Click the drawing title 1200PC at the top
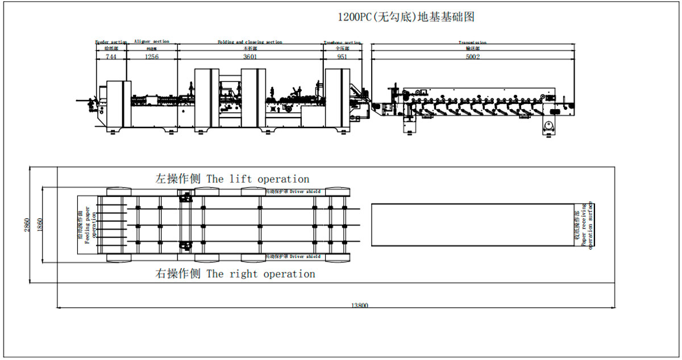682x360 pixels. click(x=406, y=17)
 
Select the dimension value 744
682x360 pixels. click(x=111, y=57)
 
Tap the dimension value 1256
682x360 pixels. click(x=151, y=57)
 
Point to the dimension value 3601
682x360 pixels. click(x=250, y=57)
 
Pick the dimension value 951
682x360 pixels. click(x=342, y=57)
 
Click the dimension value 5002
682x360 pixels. click(x=472, y=57)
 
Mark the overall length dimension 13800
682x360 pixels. click(x=359, y=305)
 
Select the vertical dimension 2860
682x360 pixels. click(x=26, y=225)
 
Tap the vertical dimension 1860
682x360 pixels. click(x=40, y=225)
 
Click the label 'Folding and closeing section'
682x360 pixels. click(x=250, y=42)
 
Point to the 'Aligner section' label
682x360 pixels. click(x=151, y=42)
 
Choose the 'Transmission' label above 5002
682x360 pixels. click(x=472, y=42)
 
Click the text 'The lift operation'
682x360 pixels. click(x=258, y=179)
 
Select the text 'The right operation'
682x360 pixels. click(x=261, y=274)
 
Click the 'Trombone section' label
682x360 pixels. click(x=342, y=42)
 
